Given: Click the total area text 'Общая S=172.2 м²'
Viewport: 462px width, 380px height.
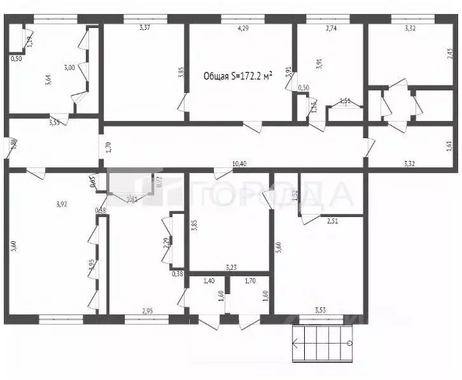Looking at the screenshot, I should coord(238,76).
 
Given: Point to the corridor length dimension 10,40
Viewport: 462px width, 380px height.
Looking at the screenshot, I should coord(239,164).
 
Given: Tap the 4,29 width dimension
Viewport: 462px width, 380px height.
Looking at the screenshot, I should coord(242,28).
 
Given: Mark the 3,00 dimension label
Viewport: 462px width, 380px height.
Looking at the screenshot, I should coord(69,68).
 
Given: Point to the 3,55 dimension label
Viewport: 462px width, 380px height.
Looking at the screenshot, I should coord(55,122).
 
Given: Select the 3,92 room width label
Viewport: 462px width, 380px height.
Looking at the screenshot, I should coord(61,204).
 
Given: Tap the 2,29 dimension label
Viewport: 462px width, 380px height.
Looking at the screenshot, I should coord(165,243).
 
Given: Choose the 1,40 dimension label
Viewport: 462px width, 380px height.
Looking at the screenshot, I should coord(209,280).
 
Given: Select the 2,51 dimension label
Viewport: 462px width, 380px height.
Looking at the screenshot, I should coord(333,221).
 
